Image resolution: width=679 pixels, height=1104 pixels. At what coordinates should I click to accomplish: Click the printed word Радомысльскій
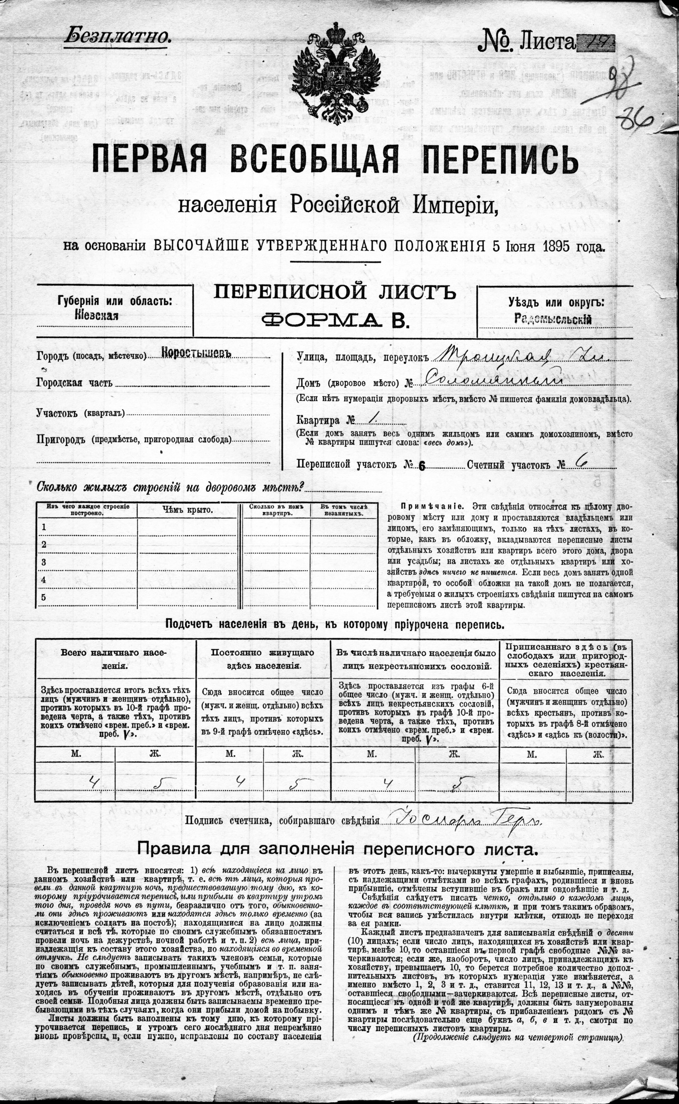553,319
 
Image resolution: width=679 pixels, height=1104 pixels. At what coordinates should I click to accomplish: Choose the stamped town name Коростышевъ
196,353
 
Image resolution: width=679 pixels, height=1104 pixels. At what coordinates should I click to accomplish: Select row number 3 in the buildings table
44,562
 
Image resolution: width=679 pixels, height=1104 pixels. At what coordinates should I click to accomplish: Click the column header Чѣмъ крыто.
187,509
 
